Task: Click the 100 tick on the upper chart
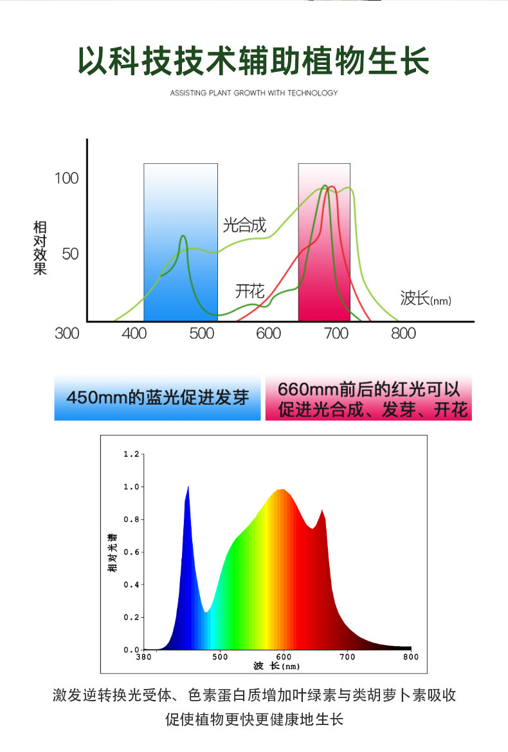pyautogui.click(x=66, y=178)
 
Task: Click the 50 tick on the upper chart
pyautogui.click(x=70, y=254)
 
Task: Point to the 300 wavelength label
pyautogui.click(x=67, y=334)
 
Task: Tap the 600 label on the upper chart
pyautogui.click(x=268, y=334)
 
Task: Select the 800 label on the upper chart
pyautogui.click(x=404, y=334)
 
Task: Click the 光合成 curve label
pyautogui.click(x=244, y=225)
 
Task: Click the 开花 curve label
pyautogui.click(x=249, y=291)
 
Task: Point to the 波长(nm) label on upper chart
pyautogui.click(x=426, y=298)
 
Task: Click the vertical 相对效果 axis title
pyautogui.click(x=41, y=247)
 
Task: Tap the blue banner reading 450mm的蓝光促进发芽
pyautogui.click(x=158, y=398)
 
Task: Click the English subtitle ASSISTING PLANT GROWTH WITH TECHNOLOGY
pyautogui.click(x=254, y=93)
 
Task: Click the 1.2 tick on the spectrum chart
pyautogui.click(x=131, y=454)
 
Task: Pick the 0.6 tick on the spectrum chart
pyautogui.click(x=131, y=552)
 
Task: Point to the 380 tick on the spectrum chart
pyautogui.click(x=144, y=657)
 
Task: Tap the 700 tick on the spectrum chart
pyautogui.click(x=347, y=657)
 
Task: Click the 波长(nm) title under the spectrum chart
pyautogui.click(x=277, y=667)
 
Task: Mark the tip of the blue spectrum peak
pyautogui.click(x=188, y=487)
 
